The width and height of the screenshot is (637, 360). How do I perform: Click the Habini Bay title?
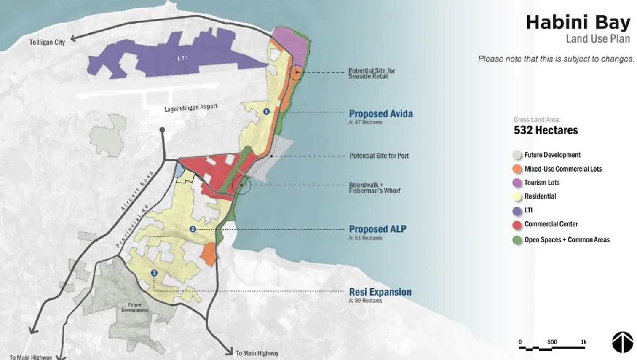(578, 22)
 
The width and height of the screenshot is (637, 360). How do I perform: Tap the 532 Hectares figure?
(546, 130)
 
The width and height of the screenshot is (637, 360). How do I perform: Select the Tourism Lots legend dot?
(517, 183)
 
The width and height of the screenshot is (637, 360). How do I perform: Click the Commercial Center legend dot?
(517, 225)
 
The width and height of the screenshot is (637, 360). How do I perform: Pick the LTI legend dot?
(517, 211)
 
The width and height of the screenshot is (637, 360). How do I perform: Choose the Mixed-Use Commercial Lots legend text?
(563, 169)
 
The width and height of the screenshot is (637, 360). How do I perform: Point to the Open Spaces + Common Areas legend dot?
(517, 240)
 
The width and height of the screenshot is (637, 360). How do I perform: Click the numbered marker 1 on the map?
(266, 111)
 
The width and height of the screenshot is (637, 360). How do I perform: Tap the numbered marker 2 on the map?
(193, 229)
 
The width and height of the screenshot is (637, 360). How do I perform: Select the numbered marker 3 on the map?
(154, 273)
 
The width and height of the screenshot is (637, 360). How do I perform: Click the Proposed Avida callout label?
(381, 114)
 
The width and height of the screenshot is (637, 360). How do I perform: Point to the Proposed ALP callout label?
(377, 229)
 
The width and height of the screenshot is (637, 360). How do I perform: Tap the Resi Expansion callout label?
(380, 292)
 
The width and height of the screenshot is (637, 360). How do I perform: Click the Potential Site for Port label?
(379, 156)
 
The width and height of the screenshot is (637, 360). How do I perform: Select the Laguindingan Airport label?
(190, 108)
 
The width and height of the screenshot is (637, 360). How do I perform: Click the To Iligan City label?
(47, 42)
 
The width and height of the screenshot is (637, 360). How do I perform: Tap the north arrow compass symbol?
(622, 342)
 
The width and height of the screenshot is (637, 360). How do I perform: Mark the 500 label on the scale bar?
(552, 342)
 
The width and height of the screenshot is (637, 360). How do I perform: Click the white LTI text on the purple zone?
(182, 58)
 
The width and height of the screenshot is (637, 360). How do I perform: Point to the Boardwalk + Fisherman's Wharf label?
(375, 188)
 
